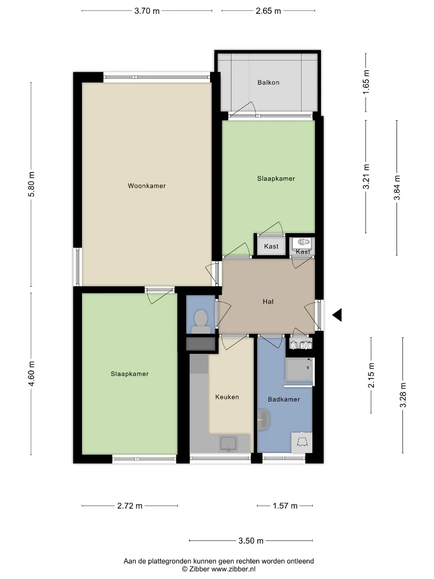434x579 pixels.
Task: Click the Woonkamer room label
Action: [x=146, y=185]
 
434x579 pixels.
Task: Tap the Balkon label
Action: [x=268, y=83]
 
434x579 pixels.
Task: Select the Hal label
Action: [x=268, y=302]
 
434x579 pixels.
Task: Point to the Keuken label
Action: [x=227, y=397]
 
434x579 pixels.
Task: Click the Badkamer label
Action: [x=284, y=399]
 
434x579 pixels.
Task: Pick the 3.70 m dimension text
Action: [x=147, y=11]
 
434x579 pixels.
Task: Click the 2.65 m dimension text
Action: [x=268, y=11]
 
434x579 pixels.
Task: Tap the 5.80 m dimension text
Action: [x=32, y=184]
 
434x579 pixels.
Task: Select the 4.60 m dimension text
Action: [x=32, y=374]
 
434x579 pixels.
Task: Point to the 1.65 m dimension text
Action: [x=366, y=82]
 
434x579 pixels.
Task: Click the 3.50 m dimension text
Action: [x=251, y=541]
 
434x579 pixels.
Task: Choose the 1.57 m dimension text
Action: [x=285, y=506]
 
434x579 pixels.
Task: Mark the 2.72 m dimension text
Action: [x=130, y=506]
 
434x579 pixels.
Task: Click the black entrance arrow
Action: [x=337, y=315]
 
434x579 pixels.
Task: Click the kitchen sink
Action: [x=228, y=444]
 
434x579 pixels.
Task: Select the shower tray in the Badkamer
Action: [x=300, y=369]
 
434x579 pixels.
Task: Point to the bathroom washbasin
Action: [x=264, y=420]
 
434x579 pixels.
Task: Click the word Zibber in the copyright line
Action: [x=199, y=569]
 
